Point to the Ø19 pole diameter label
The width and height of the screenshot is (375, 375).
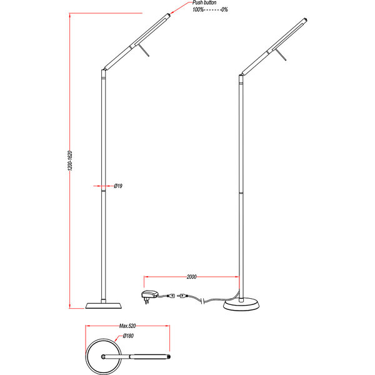pyautogui.click(x=117, y=186)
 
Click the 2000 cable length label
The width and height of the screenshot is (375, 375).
pyautogui.click(x=192, y=276)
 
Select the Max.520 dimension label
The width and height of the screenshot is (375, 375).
pyautogui.click(x=127, y=326)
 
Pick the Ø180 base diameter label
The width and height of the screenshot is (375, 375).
pyautogui.click(x=129, y=336)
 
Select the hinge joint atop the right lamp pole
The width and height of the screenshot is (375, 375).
pyautogui.click(x=241, y=77)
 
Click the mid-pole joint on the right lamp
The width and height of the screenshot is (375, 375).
pyautogui.click(x=241, y=194)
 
